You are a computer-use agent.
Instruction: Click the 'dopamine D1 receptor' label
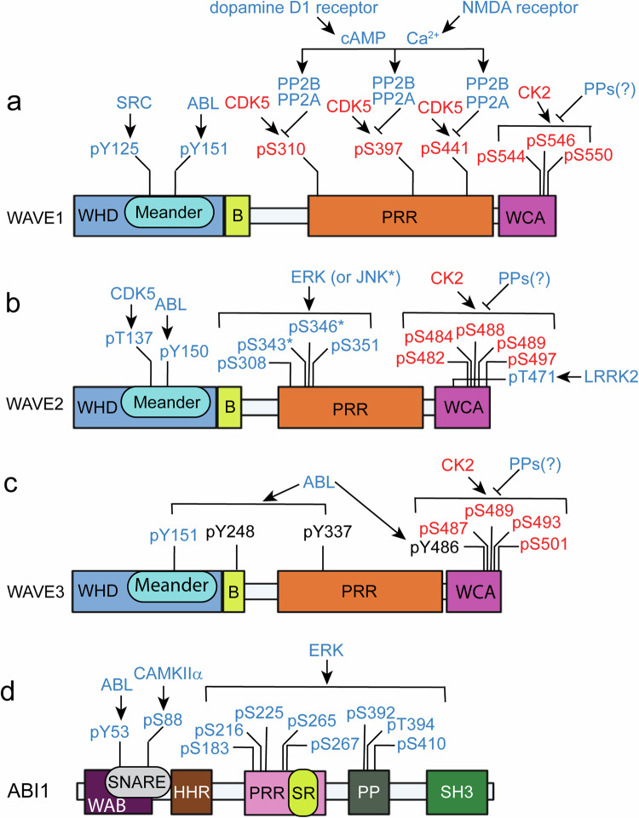(x=294, y=9)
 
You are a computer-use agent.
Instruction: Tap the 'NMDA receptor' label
(x=521, y=9)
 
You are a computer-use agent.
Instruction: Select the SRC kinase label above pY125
(x=134, y=103)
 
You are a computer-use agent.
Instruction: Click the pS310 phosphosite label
(x=281, y=150)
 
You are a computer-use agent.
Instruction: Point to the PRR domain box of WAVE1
(x=400, y=216)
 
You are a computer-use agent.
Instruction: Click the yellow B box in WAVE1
(x=238, y=216)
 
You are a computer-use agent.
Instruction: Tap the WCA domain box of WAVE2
(x=463, y=407)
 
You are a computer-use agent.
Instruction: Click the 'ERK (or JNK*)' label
(x=346, y=278)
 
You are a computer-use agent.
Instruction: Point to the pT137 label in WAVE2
(x=129, y=339)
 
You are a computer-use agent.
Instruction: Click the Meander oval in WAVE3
(x=172, y=586)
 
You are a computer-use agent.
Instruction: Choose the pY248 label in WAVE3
(x=230, y=532)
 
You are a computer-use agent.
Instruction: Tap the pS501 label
(x=544, y=545)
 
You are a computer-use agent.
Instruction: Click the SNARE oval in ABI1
(x=138, y=781)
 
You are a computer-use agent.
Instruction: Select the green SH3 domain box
(x=457, y=792)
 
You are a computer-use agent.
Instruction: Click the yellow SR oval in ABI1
(x=303, y=792)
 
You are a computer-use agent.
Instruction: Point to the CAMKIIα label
(x=168, y=673)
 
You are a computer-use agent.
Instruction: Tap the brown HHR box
(x=192, y=792)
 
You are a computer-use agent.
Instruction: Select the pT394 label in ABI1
(x=411, y=724)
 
